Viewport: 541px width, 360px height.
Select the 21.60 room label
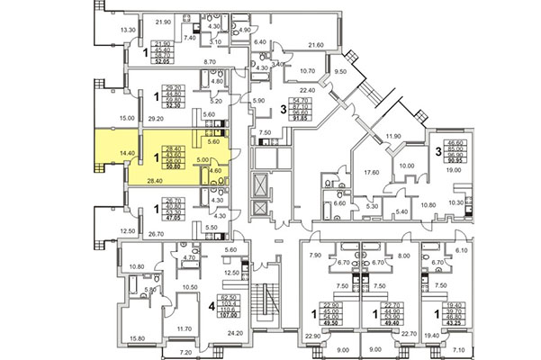tap(316, 45)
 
